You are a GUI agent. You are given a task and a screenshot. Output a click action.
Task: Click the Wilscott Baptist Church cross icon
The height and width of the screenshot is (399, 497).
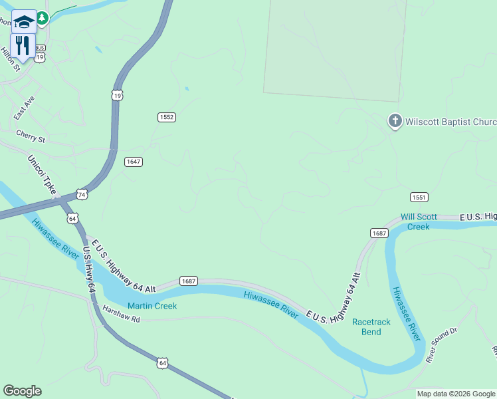pyautogui.click(x=395, y=121)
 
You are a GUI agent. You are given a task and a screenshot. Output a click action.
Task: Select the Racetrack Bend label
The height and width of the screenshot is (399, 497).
pyautogui.click(x=371, y=327)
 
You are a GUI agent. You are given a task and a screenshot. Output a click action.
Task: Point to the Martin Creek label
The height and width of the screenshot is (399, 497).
pyautogui.click(x=152, y=306)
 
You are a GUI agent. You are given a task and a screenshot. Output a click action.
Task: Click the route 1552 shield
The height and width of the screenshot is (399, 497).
pyautogui.click(x=166, y=117)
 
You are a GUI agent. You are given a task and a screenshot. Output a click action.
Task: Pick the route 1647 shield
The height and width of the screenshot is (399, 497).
pyautogui.click(x=134, y=162)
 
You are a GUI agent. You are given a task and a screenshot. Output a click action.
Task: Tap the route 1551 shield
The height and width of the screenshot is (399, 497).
pyautogui.click(x=419, y=198)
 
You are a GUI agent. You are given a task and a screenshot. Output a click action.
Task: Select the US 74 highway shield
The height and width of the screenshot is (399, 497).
pyautogui.click(x=81, y=194)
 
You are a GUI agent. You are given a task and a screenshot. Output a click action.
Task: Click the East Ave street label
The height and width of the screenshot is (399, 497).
pyautogui.click(x=24, y=108)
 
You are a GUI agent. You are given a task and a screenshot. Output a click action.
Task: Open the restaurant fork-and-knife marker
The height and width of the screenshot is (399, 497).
pyautogui.click(x=23, y=46)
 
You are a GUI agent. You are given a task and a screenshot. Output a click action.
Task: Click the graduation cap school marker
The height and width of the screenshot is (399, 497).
pyautogui.click(x=24, y=21)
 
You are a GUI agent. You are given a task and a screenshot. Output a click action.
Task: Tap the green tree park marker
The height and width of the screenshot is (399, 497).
pyautogui.click(x=43, y=18)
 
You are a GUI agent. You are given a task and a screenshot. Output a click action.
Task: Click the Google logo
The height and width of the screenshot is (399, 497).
pyautogui.click(x=22, y=391)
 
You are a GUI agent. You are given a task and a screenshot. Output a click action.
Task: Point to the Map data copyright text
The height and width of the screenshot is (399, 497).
pyautogui.click(x=455, y=394)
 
